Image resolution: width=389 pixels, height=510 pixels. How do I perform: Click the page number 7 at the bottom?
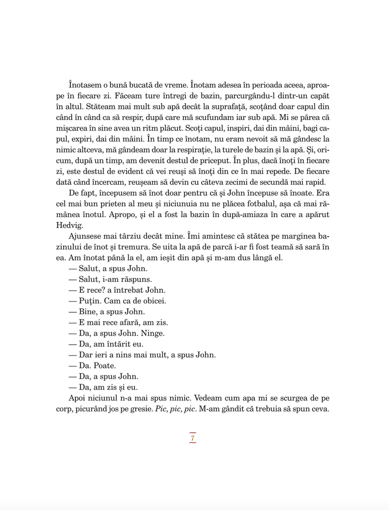[193, 438]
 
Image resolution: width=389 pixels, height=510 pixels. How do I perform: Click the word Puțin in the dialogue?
[90, 301]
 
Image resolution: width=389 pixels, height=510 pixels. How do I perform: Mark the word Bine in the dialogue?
[89, 312]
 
